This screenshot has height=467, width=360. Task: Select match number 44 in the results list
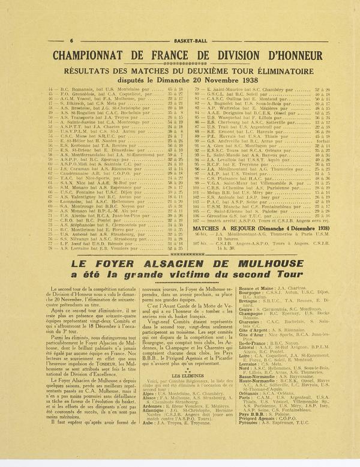[49, 89]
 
